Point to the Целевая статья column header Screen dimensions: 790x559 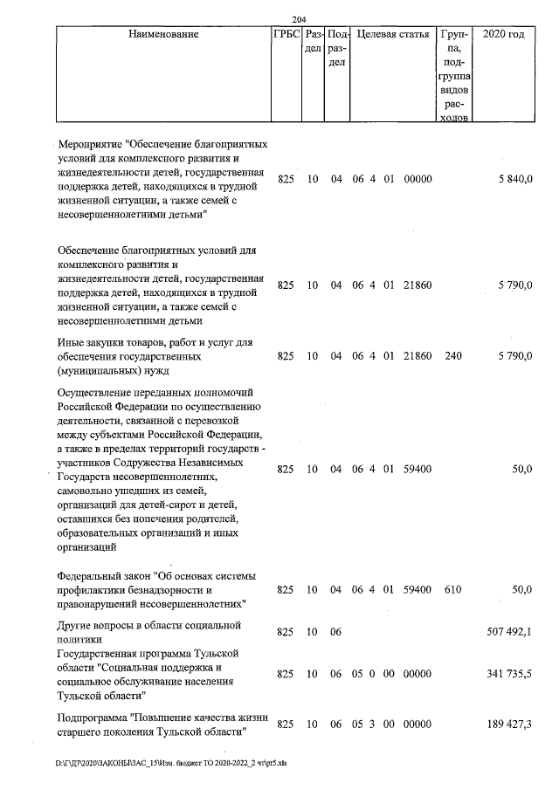click(x=393, y=35)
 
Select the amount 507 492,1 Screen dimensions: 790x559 click(x=508, y=632)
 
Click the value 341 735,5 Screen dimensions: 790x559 click(x=508, y=675)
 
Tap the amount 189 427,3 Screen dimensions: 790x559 click(x=508, y=725)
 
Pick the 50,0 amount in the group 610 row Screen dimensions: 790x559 click(x=521, y=590)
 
